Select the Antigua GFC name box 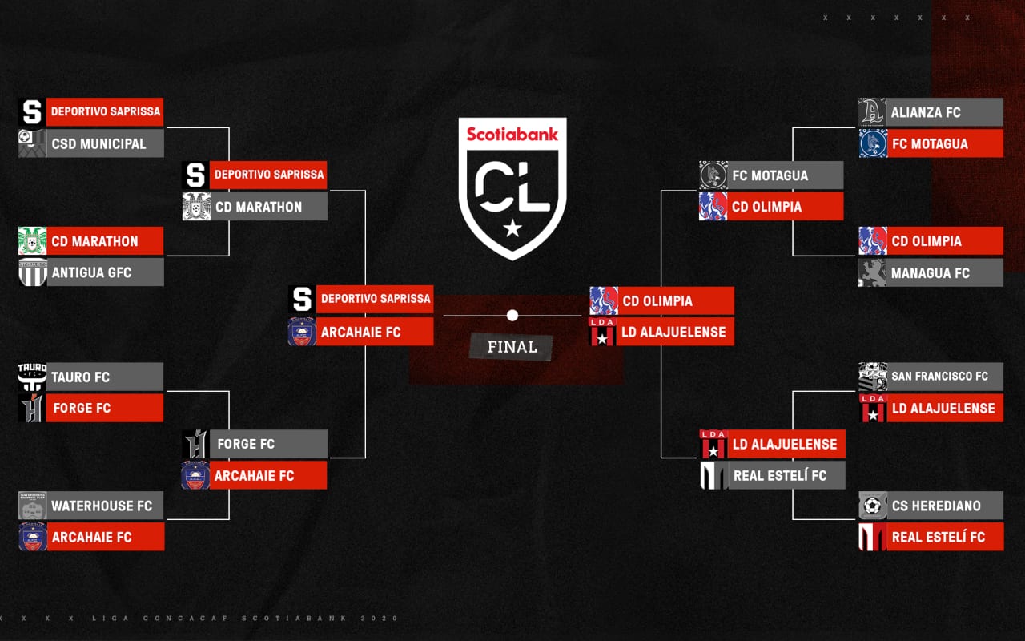105,272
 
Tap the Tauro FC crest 32,377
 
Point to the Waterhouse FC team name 102,506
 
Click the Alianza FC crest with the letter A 872,111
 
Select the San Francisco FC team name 939,377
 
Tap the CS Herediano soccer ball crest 873,506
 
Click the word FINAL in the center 512,347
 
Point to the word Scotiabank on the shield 512,134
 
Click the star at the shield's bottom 512,228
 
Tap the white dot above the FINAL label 512,315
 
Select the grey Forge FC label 268,444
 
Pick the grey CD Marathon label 268,207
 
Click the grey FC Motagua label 786,175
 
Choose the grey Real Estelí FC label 786,475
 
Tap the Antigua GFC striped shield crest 33,272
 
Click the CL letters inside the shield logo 512,187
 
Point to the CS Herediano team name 936,506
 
